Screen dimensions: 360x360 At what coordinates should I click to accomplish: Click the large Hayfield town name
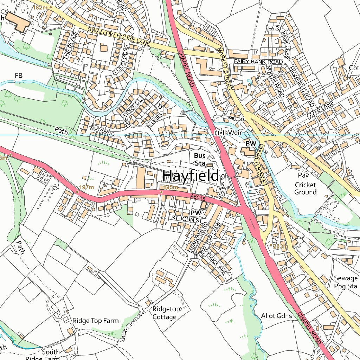coord(191,175)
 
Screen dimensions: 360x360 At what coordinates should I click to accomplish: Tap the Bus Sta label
coord(200,159)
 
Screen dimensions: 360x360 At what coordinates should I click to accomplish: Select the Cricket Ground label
coord(306,188)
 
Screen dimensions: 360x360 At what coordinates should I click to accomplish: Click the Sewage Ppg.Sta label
coord(346,282)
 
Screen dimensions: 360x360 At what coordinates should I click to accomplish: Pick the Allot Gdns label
coord(277,316)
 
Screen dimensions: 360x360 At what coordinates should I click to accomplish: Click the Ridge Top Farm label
coord(96,321)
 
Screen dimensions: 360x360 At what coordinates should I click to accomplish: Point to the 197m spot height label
coord(86,187)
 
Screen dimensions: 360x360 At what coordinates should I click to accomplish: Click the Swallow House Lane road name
coord(119,37)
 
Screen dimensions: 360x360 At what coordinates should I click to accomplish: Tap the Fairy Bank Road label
coord(258,62)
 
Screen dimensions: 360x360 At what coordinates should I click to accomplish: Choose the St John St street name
coord(187,219)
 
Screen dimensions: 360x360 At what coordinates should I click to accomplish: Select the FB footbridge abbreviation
coord(19,75)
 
